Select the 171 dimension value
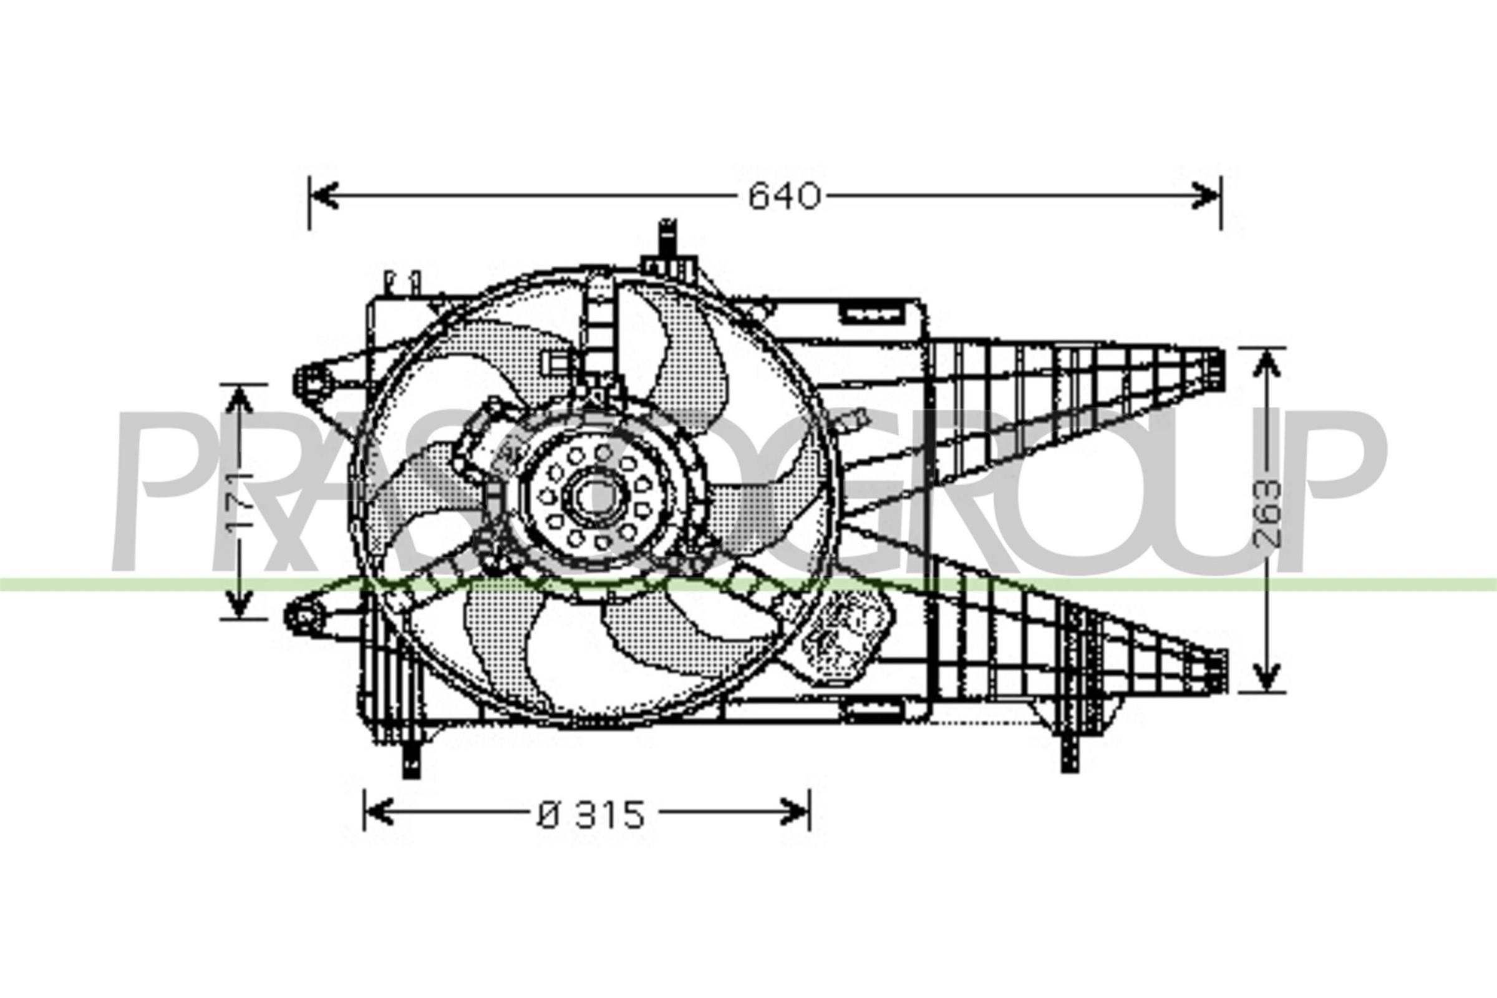click(x=241, y=501)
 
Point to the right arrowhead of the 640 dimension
click(x=1206, y=196)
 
